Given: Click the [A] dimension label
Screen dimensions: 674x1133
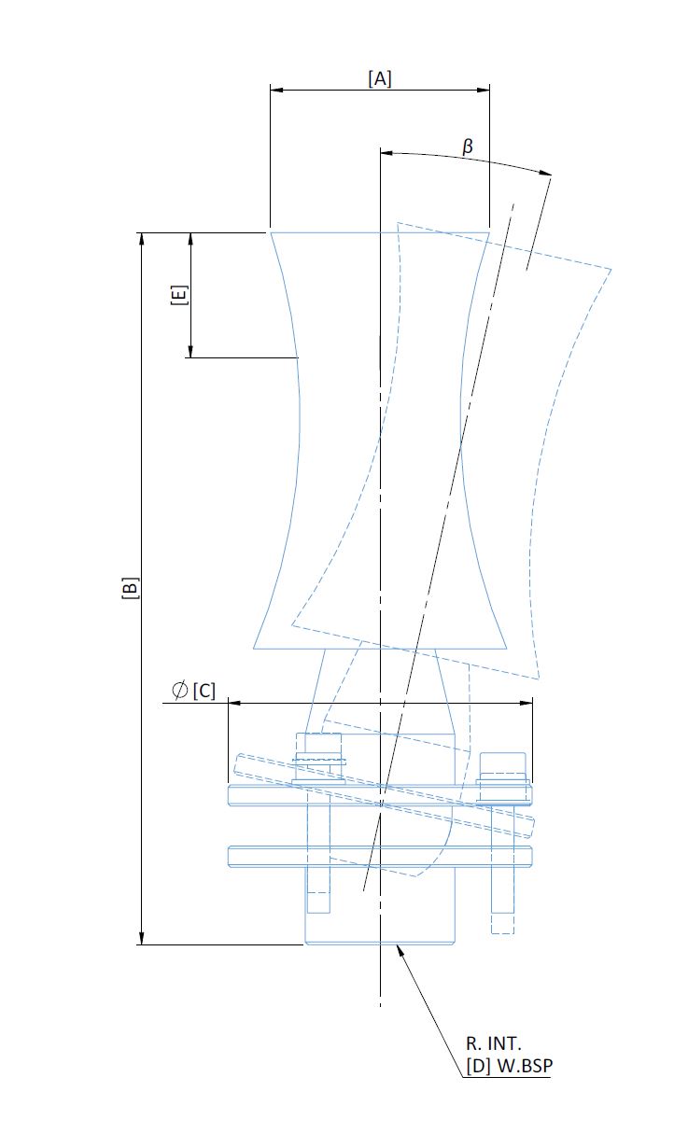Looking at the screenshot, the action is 380,79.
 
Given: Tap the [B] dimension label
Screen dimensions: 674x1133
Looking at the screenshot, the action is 130,587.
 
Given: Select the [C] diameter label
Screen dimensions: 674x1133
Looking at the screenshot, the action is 204,691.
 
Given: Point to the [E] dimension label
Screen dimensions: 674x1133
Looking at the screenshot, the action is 179,295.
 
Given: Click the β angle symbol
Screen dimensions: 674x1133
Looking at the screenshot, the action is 468,147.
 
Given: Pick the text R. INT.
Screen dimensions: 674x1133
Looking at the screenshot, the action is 493,1043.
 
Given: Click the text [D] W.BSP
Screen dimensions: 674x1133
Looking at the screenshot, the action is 509,1066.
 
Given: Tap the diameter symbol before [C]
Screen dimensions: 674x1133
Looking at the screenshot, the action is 179,690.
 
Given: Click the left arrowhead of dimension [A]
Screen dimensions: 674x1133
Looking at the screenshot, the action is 276,90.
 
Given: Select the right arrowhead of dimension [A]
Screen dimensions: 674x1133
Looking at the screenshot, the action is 484,90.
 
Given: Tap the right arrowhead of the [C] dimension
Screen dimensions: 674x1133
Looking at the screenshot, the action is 527,703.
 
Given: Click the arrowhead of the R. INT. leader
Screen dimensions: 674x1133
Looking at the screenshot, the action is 400,950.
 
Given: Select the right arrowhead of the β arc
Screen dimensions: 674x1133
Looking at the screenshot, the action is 545,173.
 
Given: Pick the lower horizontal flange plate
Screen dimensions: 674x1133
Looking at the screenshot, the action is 380,857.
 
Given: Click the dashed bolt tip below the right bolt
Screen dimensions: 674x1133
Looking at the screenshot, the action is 502,924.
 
